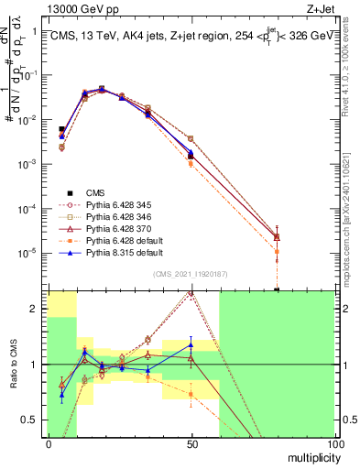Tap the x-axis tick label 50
191,444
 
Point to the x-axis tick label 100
334,444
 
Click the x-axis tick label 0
49,444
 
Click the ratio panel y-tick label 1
34,365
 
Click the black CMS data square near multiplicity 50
191,157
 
